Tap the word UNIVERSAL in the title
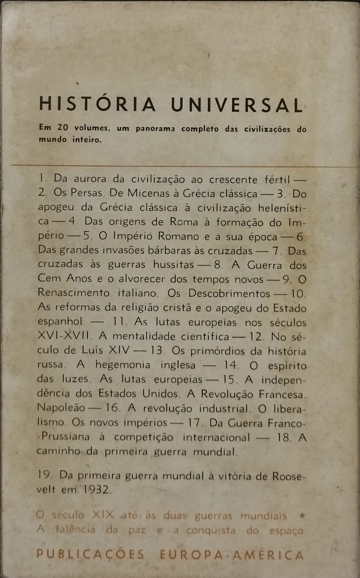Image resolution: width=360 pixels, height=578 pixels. click(237, 105)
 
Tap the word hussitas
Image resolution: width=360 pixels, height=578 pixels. click(173, 264)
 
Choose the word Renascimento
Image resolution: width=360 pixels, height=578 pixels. click(73, 293)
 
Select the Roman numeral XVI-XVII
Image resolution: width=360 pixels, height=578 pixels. click(63, 336)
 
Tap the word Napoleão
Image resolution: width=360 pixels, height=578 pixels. click(61, 408)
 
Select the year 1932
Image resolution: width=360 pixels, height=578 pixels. click(96, 489)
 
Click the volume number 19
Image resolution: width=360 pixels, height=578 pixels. click(44, 475)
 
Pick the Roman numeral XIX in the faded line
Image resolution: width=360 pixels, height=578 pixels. click(103, 515)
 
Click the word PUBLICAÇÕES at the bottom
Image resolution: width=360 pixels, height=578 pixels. click(90, 554)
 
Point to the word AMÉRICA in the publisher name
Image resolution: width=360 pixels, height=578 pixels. click(268, 555)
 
